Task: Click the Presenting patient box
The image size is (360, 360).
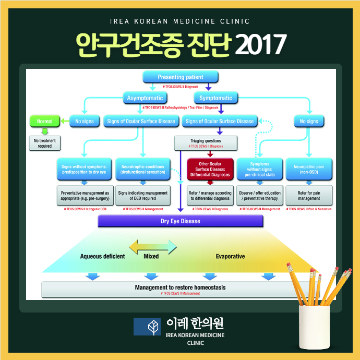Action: point(180,77)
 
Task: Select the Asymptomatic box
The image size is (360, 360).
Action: point(145,98)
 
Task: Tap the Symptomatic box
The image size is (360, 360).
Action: point(215,98)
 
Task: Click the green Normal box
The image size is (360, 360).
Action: point(44,121)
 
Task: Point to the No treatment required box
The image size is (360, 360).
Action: point(44,143)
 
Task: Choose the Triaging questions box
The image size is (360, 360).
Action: point(206,143)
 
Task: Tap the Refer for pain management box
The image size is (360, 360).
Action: point(309,195)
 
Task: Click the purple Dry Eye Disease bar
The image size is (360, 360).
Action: point(180,221)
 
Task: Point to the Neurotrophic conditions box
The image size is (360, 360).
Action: point(142,168)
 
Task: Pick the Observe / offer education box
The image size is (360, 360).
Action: point(260,195)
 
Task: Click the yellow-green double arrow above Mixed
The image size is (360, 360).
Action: point(153,245)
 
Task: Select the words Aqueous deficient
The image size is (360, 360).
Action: point(102,256)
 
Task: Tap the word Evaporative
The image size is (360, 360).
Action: point(230,256)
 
